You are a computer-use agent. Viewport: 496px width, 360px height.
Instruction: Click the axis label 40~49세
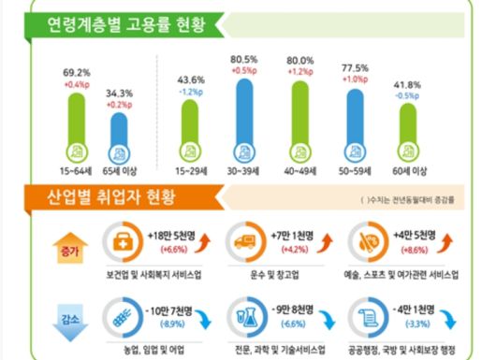click(299, 173)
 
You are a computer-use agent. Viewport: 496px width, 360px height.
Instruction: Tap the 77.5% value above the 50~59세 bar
click(353, 68)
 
